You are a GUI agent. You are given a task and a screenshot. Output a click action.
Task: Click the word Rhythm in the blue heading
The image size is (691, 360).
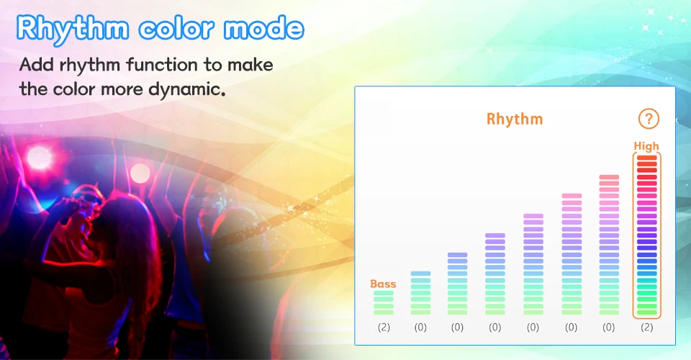(x=73, y=29)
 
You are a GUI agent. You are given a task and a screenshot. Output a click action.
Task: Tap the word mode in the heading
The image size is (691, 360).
(x=263, y=28)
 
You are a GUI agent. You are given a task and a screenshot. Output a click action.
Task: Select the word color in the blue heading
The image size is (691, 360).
(x=176, y=29)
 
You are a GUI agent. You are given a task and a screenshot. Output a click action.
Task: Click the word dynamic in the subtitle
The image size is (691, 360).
(x=187, y=90)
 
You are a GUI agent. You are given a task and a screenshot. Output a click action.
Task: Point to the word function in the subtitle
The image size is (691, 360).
(x=162, y=66)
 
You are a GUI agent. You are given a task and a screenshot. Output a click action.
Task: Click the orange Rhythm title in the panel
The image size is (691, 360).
(x=514, y=119)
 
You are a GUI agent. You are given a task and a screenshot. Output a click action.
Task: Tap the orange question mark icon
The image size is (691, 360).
(x=649, y=119)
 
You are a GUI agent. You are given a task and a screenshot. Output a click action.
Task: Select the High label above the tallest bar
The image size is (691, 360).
(x=646, y=146)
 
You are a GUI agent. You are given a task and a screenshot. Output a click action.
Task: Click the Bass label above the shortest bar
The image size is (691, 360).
(x=383, y=284)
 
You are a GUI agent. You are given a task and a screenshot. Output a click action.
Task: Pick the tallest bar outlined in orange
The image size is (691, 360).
(x=647, y=235)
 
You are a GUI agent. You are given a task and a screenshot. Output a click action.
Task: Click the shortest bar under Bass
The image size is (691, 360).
(x=384, y=302)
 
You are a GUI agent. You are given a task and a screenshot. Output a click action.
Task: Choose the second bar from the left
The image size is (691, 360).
(x=420, y=293)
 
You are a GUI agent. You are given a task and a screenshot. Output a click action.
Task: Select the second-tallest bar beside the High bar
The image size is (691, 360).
(x=609, y=245)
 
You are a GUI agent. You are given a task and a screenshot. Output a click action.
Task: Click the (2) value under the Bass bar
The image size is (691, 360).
(x=384, y=328)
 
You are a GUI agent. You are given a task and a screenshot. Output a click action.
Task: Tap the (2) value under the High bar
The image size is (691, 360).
(x=647, y=328)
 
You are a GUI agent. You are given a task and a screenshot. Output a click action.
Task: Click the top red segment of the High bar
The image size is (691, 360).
(x=647, y=157)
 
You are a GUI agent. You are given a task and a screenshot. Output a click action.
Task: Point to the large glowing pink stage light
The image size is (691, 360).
(x=39, y=157)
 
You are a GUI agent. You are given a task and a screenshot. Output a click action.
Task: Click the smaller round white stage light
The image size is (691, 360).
(x=140, y=173)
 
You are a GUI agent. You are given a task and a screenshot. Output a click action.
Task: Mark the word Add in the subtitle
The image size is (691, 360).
(x=37, y=65)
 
